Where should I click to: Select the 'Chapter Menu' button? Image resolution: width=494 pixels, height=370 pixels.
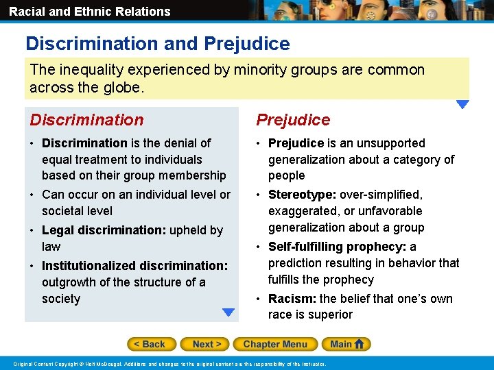[x=274, y=344]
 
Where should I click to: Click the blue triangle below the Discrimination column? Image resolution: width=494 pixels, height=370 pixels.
[x=228, y=312]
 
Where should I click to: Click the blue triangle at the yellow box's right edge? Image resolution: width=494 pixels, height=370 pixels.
[x=462, y=105]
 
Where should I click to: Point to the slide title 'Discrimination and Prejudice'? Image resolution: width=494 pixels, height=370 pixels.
[x=158, y=44]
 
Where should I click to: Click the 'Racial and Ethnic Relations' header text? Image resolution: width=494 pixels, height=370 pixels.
[x=89, y=11]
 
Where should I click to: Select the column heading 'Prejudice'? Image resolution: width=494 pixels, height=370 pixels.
[x=293, y=120]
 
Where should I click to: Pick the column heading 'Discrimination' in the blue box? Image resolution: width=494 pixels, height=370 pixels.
[x=86, y=120]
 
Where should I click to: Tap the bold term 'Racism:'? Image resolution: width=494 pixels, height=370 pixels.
[x=292, y=298]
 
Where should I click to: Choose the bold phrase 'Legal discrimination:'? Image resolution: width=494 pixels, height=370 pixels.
[x=104, y=230]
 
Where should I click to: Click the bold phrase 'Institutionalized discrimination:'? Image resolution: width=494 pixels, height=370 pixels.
[x=134, y=265]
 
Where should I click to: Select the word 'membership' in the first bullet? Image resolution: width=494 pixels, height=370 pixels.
[x=193, y=175]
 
